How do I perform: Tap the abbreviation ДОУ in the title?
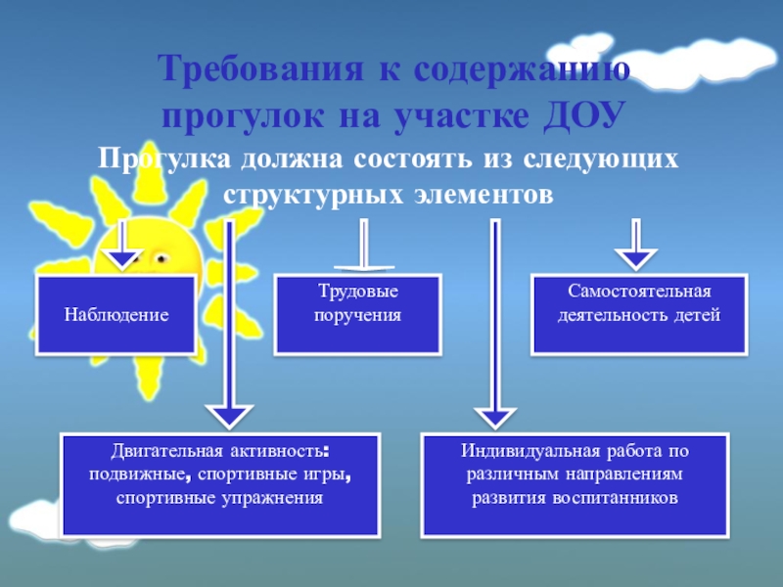coord(582,115)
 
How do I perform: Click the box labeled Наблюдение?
coord(116,315)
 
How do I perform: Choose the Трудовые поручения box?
coord(356,314)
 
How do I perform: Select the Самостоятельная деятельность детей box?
coord(639,314)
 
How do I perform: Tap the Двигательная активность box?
coord(219,485)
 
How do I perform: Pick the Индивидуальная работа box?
coord(575,485)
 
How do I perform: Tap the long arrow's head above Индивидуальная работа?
coord(495,409)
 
